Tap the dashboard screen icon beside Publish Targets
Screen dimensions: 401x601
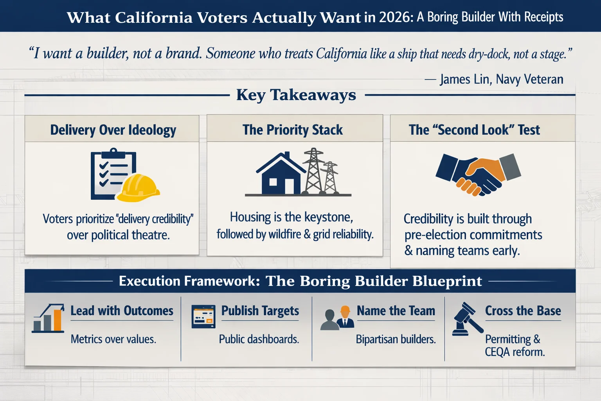[x=203, y=316]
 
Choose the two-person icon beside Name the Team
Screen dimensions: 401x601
[x=337, y=318]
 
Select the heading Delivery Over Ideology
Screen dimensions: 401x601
[x=113, y=130]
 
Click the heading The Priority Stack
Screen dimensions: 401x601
[x=293, y=130]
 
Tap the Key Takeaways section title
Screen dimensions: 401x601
[x=296, y=95]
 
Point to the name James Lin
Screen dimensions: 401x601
[x=464, y=79]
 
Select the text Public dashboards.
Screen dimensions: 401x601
[x=259, y=339]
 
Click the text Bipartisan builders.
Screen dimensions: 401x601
[x=396, y=339]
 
